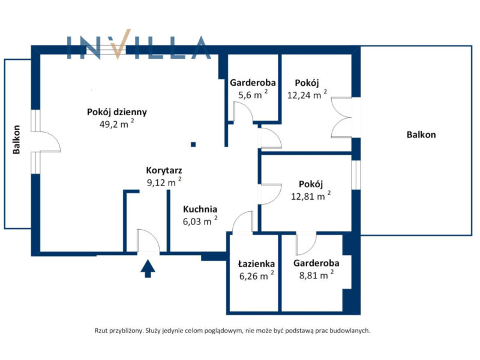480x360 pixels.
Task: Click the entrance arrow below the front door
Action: coord(147,268)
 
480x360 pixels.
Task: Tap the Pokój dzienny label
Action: coord(117,112)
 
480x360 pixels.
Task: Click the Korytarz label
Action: coord(164,170)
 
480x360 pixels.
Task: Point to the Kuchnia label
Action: coord(200,209)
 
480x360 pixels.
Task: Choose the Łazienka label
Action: coord(256,263)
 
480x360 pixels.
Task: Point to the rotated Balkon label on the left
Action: coord(17,140)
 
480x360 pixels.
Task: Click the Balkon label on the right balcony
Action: coord(421,135)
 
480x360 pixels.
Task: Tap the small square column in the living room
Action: coord(193,144)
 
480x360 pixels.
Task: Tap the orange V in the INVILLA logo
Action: coord(121,47)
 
